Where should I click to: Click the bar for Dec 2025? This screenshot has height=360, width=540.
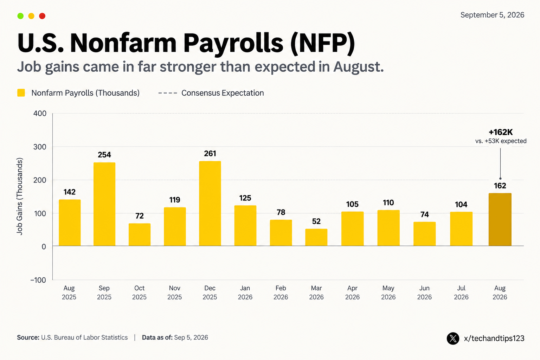pyautogui.click(x=210, y=204)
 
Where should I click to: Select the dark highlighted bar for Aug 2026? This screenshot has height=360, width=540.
pyautogui.click(x=500, y=219)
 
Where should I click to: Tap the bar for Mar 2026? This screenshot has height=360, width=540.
pyautogui.click(x=316, y=237)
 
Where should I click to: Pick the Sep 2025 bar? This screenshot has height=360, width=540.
pyautogui.click(x=104, y=204)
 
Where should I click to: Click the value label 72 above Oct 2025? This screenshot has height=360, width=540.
pyautogui.click(x=140, y=216)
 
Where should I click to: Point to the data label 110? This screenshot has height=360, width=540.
pyautogui.click(x=388, y=202)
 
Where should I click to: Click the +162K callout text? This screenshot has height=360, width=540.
pyautogui.click(x=501, y=132)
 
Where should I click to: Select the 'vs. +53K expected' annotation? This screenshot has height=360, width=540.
pyautogui.click(x=501, y=141)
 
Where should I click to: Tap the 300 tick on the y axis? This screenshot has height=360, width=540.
pyautogui.click(x=40, y=147)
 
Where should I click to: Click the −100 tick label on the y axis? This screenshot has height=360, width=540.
pyautogui.click(x=38, y=280)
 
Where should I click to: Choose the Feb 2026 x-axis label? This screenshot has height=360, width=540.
pyautogui.click(x=281, y=292)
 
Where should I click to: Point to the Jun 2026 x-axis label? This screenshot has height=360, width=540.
pyautogui.click(x=425, y=292)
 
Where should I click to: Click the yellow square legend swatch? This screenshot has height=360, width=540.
pyautogui.click(x=21, y=93)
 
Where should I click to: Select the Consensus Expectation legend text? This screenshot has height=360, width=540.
pyautogui.click(x=223, y=93)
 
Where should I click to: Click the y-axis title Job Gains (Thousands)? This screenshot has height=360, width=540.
pyautogui.click(x=20, y=196)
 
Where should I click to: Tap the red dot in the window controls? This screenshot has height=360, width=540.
pyautogui.click(x=42, y=16)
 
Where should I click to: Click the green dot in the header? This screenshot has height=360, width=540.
pyautogui.click(x=20, y=16)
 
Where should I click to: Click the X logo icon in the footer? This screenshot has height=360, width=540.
pyautogui.click(x=453, y=338)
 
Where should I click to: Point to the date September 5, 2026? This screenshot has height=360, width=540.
pyautogui.click(x=492, y=15)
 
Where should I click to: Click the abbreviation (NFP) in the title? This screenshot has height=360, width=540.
pyautogui.click(x=323, y=43)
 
